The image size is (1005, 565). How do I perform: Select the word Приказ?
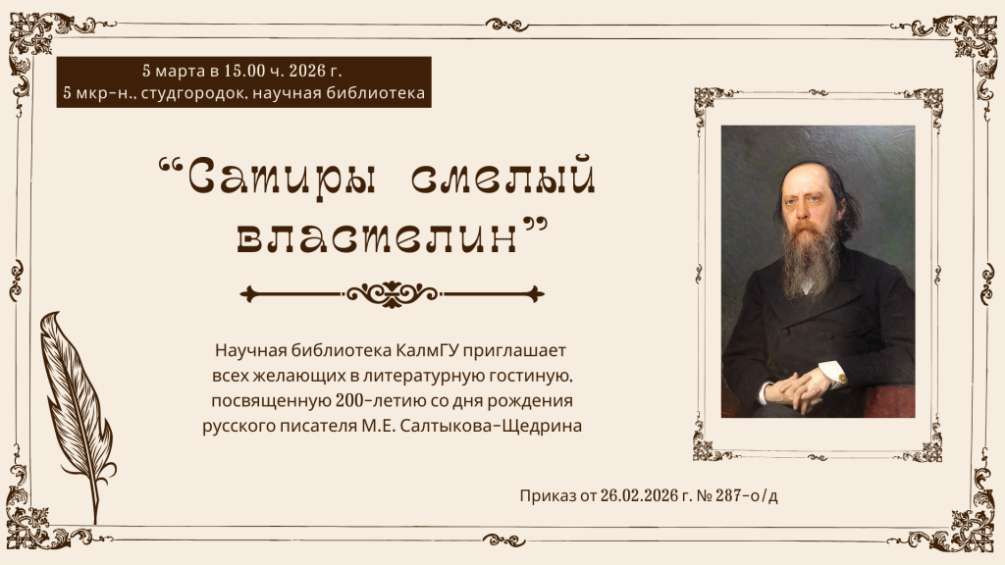point(548,496)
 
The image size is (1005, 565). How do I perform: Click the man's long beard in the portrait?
point(810,260)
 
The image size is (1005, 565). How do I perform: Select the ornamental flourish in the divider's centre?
point(392,292)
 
